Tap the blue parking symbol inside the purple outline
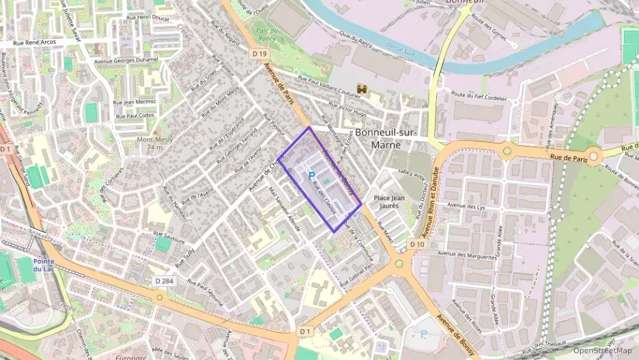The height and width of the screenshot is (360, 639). coord(311,175)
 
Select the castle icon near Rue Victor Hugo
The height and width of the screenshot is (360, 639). coord(361,89)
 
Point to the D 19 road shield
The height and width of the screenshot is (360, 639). coord(259,53)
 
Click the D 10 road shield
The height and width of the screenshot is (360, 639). coord(417,244)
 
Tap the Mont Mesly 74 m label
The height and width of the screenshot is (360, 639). coord(154,143)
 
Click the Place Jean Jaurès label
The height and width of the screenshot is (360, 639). coord(390,202)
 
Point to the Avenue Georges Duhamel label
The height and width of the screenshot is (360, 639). coord(127,59)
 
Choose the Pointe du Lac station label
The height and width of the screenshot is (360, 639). coord(43,265)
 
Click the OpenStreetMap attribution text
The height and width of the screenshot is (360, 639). coord(602,350)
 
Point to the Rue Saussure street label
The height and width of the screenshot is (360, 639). coord(170,240)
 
